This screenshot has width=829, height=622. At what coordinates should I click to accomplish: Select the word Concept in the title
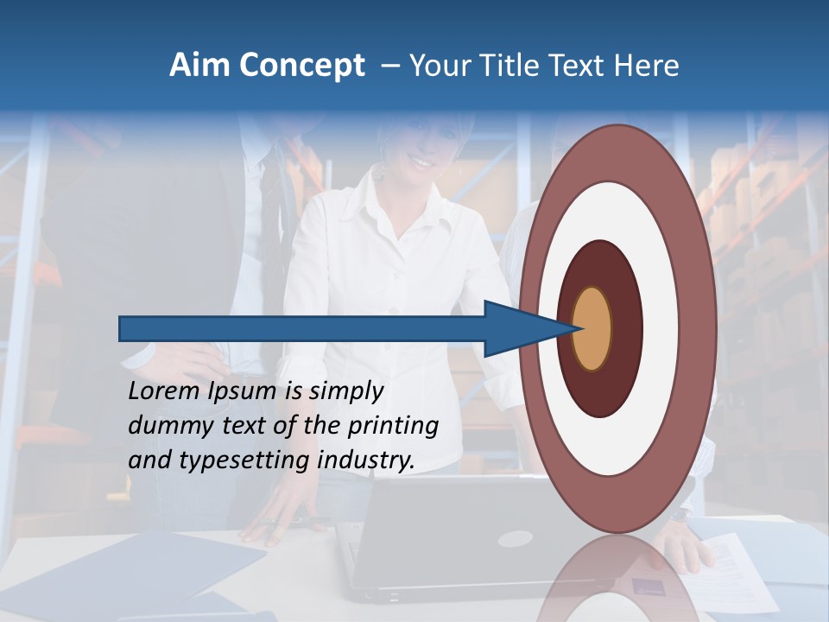(301, 66)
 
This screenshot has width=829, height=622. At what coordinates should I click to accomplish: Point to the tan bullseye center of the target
(592, 329)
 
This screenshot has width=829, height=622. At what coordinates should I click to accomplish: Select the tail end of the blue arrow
(121, 329)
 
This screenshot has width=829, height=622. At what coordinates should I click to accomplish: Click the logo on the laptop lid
(515, 539)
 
